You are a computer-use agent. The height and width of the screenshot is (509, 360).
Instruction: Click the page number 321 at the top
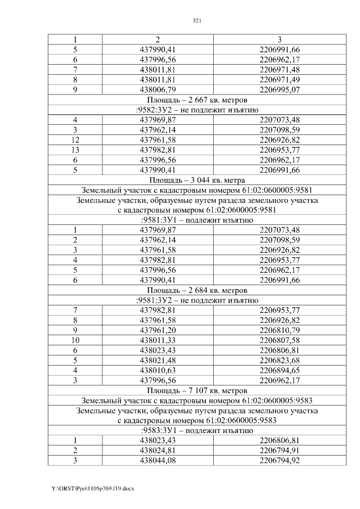tap(197, 21)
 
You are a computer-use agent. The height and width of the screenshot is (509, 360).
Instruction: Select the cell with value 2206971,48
tap(280, 69)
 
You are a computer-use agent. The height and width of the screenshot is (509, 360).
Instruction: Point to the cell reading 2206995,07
tap(280, 89)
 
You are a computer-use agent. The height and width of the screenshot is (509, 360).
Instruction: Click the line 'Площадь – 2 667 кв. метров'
tap(197, 100)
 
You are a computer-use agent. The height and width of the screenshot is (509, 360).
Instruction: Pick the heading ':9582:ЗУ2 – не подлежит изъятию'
tap(197, 110)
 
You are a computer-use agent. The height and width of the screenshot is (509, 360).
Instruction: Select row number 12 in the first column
tap(75, 140)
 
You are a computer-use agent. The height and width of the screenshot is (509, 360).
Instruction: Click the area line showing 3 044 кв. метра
tap(197, 180)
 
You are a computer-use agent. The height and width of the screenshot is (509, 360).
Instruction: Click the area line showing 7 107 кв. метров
tap(197, 390)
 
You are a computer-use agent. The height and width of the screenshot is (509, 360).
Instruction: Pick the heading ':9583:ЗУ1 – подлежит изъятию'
tap(197, 430)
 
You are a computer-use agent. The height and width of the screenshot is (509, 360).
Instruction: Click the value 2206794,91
tap(280, 451)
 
